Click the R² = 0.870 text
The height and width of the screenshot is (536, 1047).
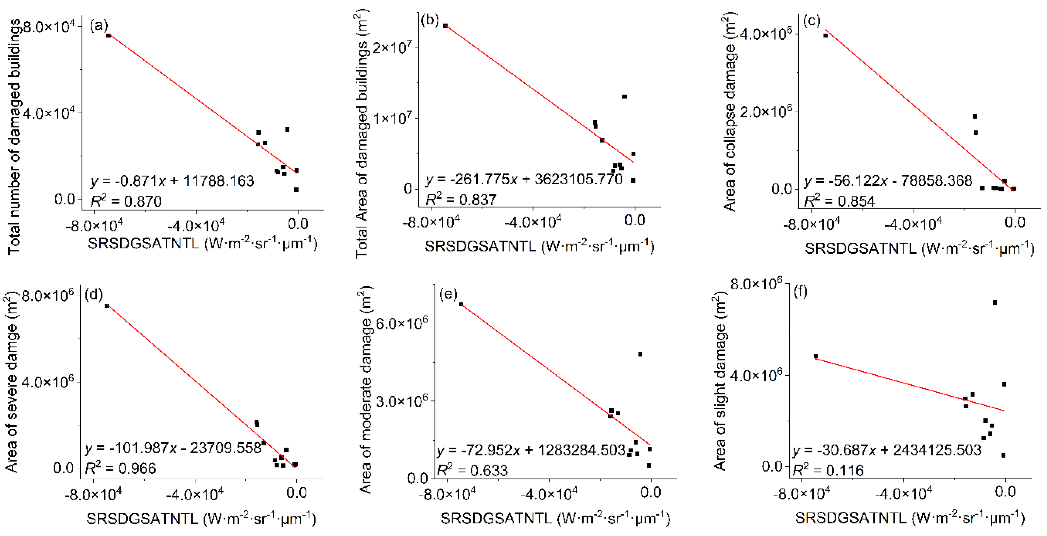[126, 201]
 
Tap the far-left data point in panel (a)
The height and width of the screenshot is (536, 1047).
[108, 36]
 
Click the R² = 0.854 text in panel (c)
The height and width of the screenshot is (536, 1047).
[839, 201]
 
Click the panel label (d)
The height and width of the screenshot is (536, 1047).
[93, 294]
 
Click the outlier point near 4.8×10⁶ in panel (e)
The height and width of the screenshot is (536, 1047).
[640, 354]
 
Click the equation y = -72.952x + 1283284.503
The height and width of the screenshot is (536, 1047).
[531, 450]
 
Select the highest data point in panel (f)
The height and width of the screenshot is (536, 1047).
[995, 302]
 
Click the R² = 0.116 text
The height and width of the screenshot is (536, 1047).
[828, 470]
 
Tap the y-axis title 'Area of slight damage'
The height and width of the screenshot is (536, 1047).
[720, 380]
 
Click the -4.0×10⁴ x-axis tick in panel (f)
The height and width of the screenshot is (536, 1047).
[903, 493]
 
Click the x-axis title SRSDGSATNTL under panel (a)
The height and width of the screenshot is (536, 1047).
[202, 244]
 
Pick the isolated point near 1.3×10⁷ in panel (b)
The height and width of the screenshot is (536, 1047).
[624, 97]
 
